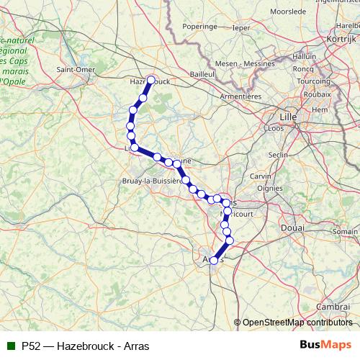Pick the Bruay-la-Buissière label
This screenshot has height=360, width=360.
tap(152, 181)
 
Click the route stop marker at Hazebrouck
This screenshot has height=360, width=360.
tap(151, 80)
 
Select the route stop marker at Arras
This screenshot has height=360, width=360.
tap(214, 261)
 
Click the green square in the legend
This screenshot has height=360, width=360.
tap(11, 346)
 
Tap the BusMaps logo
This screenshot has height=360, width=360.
tap(325, 346)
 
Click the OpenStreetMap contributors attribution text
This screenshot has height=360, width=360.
tap(297, 323)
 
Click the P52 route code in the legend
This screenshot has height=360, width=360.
tap(31, 346)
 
